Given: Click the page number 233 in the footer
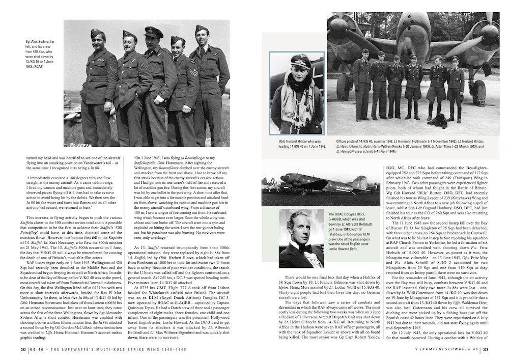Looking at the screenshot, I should tap(486, 349).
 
